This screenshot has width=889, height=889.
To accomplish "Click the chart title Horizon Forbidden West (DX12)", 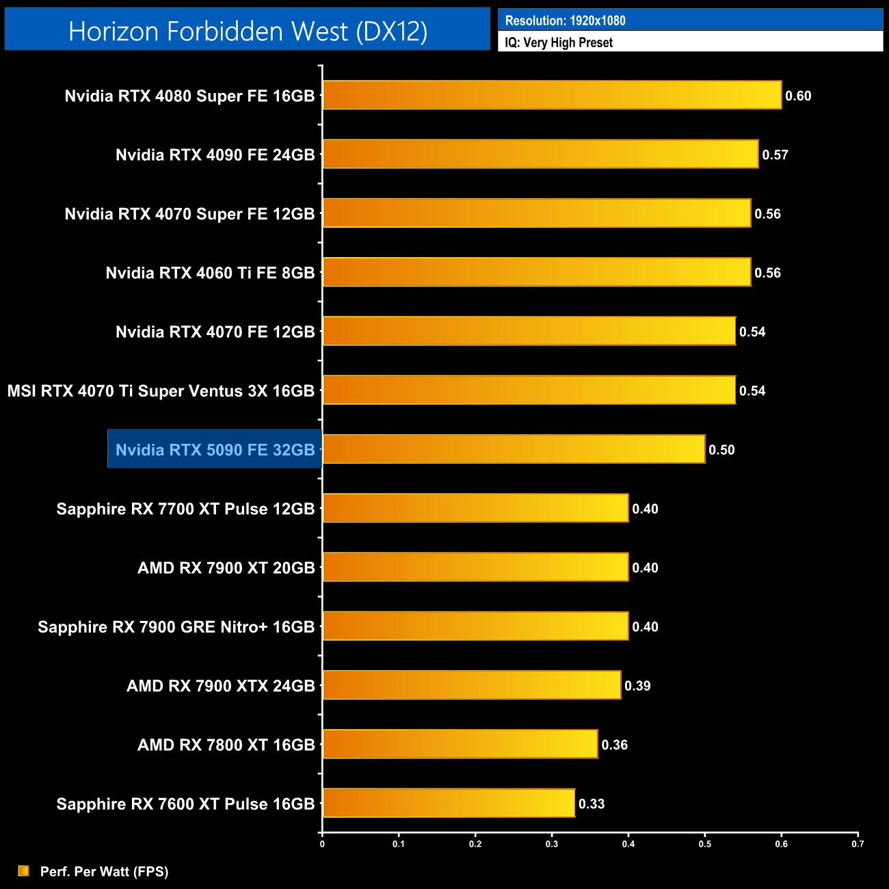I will pyautogui.click(x=248, y=31).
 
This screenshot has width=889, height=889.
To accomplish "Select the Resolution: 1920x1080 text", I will pyautogui.click(x=565, y=21).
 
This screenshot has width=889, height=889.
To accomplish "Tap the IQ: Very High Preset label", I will pyautogui.click(x=559, y=42).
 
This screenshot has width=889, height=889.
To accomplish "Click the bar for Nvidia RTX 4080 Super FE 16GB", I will pyautogui.click(x=552, y=95).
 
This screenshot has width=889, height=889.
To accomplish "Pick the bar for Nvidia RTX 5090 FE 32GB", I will pyautogui.click(x=514, y=449).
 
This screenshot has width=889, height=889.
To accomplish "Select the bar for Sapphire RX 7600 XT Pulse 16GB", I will pyautogui.click(x=449, y=803).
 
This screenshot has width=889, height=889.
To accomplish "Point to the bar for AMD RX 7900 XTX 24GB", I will pyautogui.click(x=472, y=685).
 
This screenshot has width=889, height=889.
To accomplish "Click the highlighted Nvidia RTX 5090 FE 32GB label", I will pyautogui.click(x=215, y=449).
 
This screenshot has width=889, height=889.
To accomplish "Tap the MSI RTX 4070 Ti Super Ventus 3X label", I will pyautogui.click(x=161, y=390).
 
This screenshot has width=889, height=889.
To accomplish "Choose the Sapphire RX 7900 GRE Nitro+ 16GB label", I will pyautogui.click(x=176, y=626).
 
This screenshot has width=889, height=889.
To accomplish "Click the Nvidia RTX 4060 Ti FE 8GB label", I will pyautogui.click(x=210, y=273).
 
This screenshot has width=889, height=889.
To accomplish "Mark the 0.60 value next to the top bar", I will pyautogui.click(x=798, y=96).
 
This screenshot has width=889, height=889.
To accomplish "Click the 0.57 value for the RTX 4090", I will pyautogui.click(x=775, y=155).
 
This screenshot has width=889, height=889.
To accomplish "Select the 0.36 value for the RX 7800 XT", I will pyautogui.click(x=614, y=745).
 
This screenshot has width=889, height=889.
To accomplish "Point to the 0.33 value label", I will pyautogui.click(x=592, y=804).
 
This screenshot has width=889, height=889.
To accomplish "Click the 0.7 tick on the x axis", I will pyautogui.click(x=858, y=844).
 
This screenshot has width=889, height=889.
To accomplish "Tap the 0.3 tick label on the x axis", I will pyautogui.click(x=551, y=844).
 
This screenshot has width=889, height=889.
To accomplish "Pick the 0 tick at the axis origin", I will pyautogui.click(x=322, y=844).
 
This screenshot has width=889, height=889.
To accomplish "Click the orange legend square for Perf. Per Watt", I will pyautogui.click(x=24, y=871).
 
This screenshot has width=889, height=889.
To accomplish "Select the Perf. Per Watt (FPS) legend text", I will pyautogui.click(x=104, y=871).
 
